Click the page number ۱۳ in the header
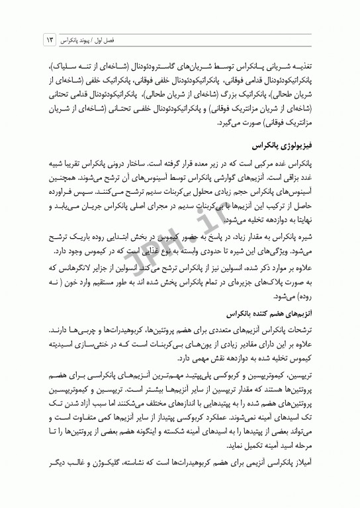pos(48,40)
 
